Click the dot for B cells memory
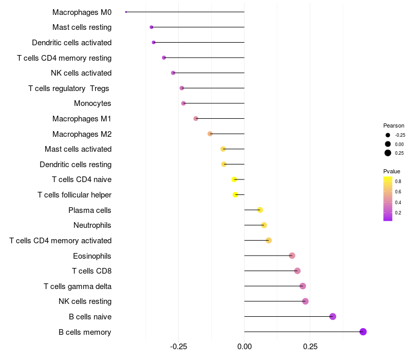point(363,332)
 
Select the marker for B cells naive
point(333,316)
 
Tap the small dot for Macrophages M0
point(126,12)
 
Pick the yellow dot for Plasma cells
point(260,210)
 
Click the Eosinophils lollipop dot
point(292,256)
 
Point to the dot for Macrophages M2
point(210,134)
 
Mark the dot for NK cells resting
point(306,301)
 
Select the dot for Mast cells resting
point(152,27)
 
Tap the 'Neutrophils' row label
point(92,225)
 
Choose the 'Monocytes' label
point(92,103)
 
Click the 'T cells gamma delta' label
point(78,286)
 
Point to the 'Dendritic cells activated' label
point(72,42)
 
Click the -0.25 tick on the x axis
point(178,347)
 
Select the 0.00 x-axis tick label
point(245,347)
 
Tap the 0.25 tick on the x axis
point(310,347)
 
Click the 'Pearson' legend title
point(394,125)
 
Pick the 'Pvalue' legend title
point(391,171)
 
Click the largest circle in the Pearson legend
point(388,153)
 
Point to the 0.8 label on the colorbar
point(398,181)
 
